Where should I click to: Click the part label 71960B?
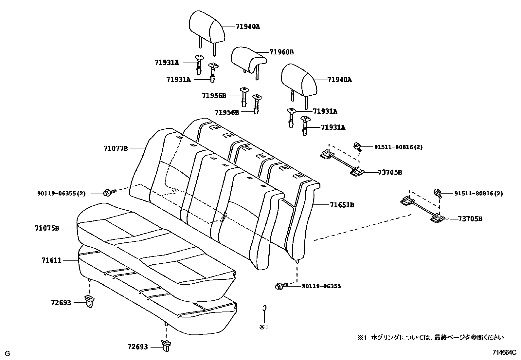pyautogui.click(x=281, y=52)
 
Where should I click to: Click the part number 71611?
pyautogui.click(x=51, y=260)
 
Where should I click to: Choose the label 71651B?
pyautogui.click(x=342, y=205)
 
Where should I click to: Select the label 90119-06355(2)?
pyautogui.click(x=61, y=194)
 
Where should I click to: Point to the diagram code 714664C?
pyautogui.click(x=504, y=352)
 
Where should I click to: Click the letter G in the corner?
pyautogui.click(x=8, y=353)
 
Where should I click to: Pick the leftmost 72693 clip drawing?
pyautogui.click(x=89, y=301)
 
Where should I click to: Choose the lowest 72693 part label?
pyautogui.click(x=138, y=347)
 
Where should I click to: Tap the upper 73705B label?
pyautogui.click(x=389, y=172)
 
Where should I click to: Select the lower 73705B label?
pyautogui.click(x=470, y=219)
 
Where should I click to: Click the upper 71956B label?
pyautogui.click(x=214, y=96)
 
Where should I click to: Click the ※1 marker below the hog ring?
pyautogui.click(x=264, y=327)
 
